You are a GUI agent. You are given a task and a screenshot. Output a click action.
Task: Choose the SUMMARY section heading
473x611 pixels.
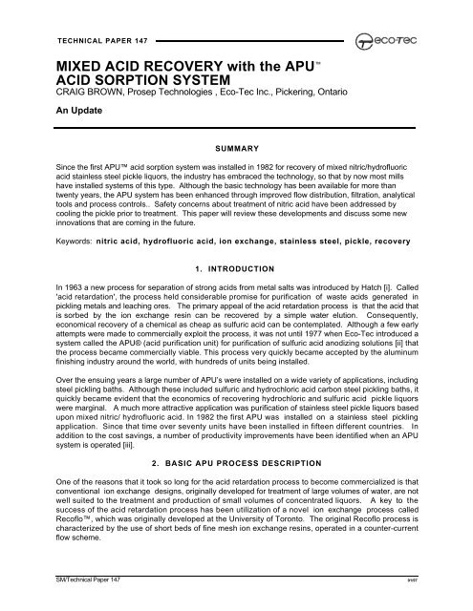click(x=236, y=150)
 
